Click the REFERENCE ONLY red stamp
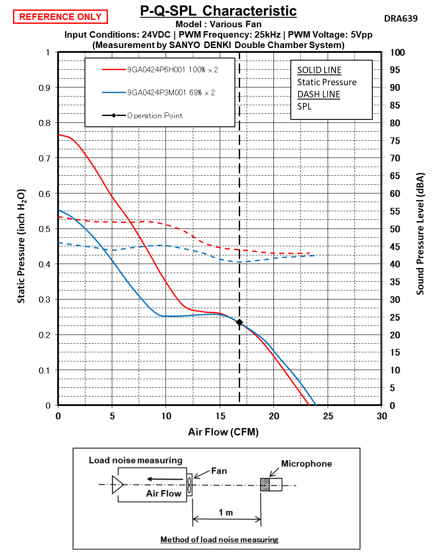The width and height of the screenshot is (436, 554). tap(60, 17)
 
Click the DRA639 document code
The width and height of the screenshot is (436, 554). tap(400, 18)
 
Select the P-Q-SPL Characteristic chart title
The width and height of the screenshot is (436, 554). tap(218, 11)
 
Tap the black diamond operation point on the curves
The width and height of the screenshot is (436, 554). tap(239, 322)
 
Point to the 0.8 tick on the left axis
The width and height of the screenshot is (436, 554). tap(45, 123)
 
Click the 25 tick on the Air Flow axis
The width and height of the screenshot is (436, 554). tap(328, 416)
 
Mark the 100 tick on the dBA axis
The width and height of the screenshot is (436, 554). tap(397, 53)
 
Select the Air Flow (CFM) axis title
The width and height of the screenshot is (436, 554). tap(223, 432)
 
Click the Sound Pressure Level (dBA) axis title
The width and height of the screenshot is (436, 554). tap(420, 234)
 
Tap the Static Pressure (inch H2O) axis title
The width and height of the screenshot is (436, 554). tap(22, 246)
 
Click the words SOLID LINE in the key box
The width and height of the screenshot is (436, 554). tap(319, 70)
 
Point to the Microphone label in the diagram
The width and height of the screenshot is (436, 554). tap(306, 464)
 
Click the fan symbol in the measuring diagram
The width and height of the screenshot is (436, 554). tap(189, 485)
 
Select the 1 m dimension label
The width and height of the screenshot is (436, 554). tap(226, 512)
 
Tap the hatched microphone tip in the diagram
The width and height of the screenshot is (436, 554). tap(264, 485)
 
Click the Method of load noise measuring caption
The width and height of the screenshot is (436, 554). tap(219, 539)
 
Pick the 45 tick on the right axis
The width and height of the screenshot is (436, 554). tap(395, 247)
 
